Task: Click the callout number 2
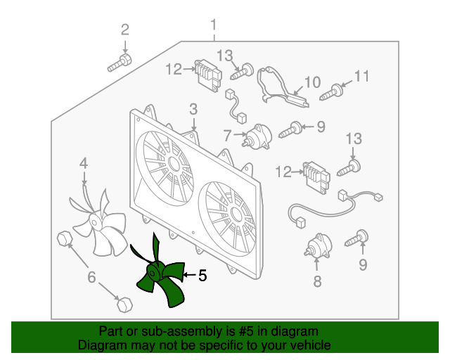[125, 30]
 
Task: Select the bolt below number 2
[118, 64]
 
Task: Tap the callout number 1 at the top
[214, 27]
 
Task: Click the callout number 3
[193, 109]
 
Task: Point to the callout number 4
[83, 164]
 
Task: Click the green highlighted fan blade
[158, 276]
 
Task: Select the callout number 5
[202, 276]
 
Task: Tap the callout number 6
[91, 277]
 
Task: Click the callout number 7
[227, 134]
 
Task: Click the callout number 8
[316, 282]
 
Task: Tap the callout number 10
[311, 82]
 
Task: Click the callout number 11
[361, 76]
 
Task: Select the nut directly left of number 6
[64, 239]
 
